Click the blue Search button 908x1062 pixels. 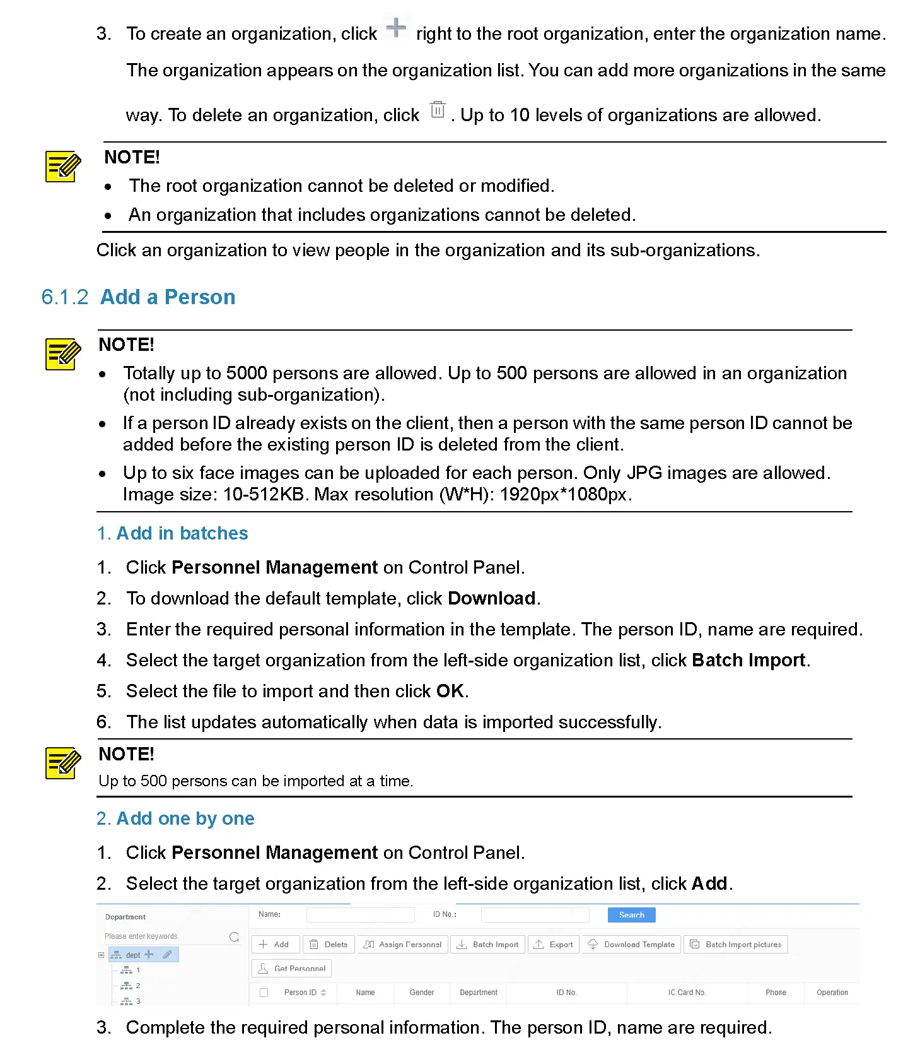click(631, 915)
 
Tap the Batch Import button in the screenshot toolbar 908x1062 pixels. click(487, 945)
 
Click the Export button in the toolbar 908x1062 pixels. click(553, 945)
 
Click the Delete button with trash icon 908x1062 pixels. click(329, 945)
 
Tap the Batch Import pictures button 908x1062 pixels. click(735, 945)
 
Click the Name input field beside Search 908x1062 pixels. click(360, 915)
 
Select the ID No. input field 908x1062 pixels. click(535, 915)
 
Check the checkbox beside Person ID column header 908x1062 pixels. click(264, 993)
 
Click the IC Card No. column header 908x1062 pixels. click(686, 993)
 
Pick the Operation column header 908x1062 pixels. click(832, 993)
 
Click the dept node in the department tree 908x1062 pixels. click(132, 955)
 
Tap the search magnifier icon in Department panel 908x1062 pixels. click(234, 936)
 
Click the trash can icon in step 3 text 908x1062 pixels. click(438, 110)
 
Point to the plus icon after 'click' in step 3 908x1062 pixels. click(396, 28)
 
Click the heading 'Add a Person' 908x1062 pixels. click(168, 297)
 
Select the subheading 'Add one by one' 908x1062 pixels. click(185, 818)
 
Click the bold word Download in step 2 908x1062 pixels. click(491, 598)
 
